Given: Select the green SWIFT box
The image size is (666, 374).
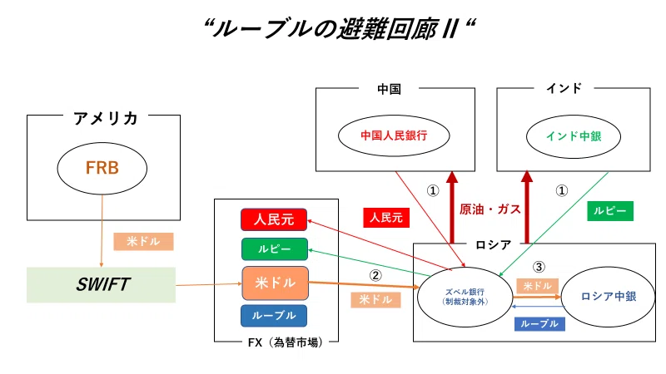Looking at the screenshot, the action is tap(101, 284).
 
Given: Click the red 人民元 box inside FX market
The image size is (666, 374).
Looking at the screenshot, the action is tap(274, 219).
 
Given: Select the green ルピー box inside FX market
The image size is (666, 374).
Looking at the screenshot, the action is tap(275, 249).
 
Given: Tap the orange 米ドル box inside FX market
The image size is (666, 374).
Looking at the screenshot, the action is tap(276, 283).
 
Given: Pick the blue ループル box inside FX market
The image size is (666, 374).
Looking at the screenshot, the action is tap(274, 316).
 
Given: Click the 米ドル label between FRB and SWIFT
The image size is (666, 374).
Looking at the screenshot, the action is tap(143, 241).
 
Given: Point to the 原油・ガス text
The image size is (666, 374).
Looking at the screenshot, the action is tap(490, 209).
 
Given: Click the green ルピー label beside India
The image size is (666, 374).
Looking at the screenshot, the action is tap(610, 211).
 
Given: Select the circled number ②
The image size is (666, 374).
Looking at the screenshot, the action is tap(375, 276).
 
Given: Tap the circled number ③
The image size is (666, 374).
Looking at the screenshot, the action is tap(539, 267).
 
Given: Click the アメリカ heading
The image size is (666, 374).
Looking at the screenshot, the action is tap(106, 118).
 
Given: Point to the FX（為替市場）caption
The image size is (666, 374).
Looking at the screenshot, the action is tap(286, 342).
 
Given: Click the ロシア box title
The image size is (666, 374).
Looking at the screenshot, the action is tap(493, 244).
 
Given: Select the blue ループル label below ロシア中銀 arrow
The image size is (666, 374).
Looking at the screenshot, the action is tap(539, 324).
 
